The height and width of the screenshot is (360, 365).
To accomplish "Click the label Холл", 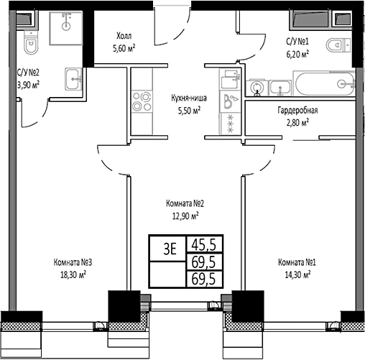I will pyautogui.click(x=124, y=36).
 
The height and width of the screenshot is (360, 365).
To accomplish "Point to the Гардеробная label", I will pyautogui.click(x=297, y=111).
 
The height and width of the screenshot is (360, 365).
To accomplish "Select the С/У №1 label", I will pyautogui.click(x=297, y=42).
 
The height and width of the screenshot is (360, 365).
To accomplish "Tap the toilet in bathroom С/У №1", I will pyautogui.click(x=337, y=47).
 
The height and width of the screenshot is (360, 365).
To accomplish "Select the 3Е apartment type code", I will pyautogui.click(x=170, y=249).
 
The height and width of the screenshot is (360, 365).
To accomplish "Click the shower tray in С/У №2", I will pyautogui.click(x=66, y=28).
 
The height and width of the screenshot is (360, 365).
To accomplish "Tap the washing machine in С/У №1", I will pyautogui.click(x=257, y=87).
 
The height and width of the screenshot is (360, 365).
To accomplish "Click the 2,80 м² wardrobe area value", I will pyautogui.click(x=295, y=123).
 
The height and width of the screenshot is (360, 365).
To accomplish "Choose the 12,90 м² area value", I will pyautogui.click(x=185, y=214).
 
